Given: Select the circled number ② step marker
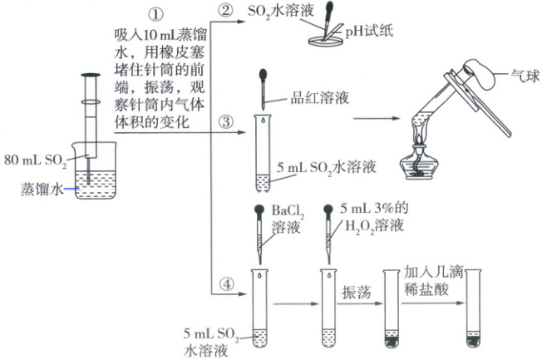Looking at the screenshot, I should [224, 12].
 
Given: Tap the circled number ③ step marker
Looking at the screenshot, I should [224, 122].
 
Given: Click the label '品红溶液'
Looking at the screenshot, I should [319, 97].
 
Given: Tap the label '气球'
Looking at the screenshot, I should [523, 74].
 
